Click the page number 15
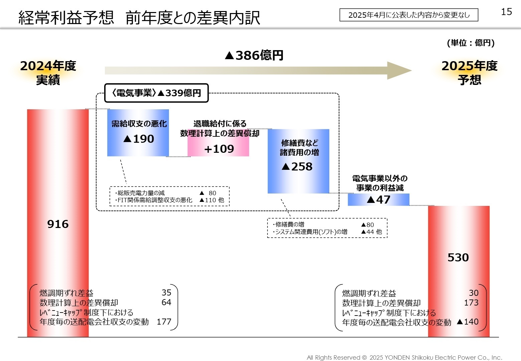pos(506,12)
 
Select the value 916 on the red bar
pos(58,224)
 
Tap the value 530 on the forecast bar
pos(458,257)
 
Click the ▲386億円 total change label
pos(254,55)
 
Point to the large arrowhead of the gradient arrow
pos(399,71)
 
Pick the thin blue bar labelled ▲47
pos(378,200)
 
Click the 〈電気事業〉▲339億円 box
pos(156,93)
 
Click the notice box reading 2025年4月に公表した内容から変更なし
pos(409,15)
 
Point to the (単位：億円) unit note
pos(471,43)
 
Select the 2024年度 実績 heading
pos(48,73)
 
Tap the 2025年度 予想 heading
pos(469,73)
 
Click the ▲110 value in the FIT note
pos(208,200)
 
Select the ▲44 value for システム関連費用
pos(368,232)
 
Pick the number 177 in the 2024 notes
pos(164,322)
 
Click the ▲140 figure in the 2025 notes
pos(468,322)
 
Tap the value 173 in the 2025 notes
pos(471,303)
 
